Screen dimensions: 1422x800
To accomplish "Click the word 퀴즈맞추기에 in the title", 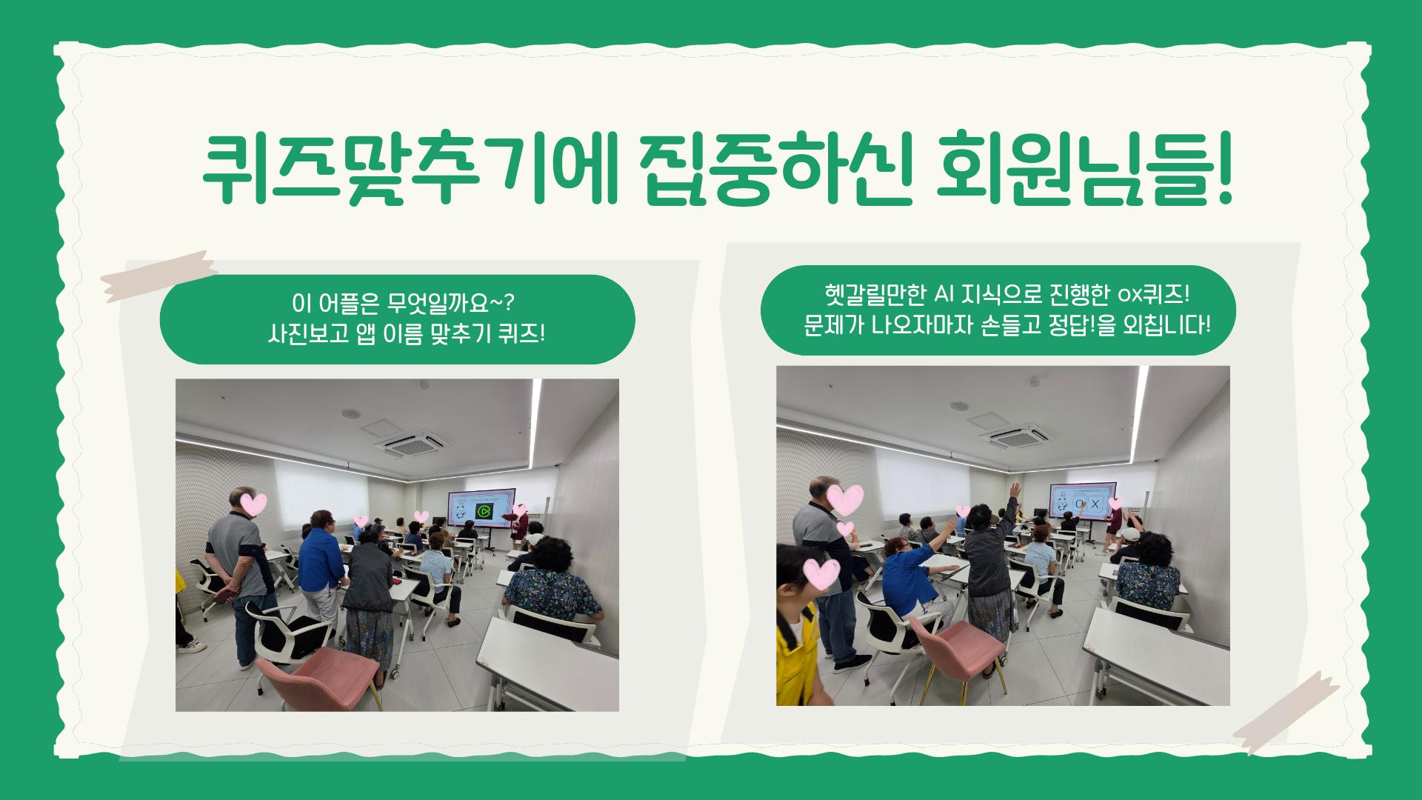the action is click(x=410, y=168).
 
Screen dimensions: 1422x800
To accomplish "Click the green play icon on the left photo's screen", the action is click(x=484, y=511).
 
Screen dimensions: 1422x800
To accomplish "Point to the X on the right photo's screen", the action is click(x=1095, y=504).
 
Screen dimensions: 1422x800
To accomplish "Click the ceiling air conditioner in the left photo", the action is click(x=413, y=445).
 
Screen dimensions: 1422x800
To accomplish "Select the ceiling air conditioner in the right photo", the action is click(x=1017, y=437).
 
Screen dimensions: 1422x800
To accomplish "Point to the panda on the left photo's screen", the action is click(x=460, y=511).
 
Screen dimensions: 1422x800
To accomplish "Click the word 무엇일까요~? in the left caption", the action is click(x=450, y=303).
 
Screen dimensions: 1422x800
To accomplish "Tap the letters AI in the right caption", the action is click(x=944, y=295).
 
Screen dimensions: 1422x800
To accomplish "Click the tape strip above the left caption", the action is click(x=158, y=276).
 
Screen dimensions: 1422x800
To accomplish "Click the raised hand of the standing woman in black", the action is click(x=1015, y=490).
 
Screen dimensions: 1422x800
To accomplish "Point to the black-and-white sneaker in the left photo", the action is click(x=191, y=646).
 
